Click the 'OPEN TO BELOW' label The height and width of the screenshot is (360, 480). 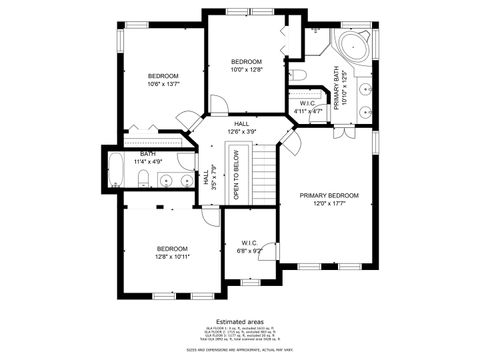(237, 176)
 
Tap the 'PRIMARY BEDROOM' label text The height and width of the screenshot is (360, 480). (328, 196)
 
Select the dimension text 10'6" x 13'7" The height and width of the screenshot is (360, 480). (163, 86)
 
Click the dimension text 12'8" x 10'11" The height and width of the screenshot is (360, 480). (172, 256)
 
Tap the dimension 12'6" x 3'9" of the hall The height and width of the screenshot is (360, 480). (241, 132)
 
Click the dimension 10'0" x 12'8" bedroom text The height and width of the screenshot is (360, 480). (245, 70)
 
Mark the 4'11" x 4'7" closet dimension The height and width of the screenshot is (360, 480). (309, 111)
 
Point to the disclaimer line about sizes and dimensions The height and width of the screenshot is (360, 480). (239, 349)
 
